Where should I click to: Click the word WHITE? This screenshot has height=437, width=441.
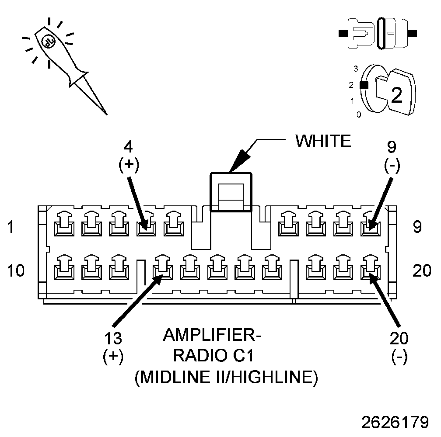(x=323, y=141)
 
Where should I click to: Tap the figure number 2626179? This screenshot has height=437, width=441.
(x=395, y=422)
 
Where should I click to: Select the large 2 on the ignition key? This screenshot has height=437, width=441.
(x=396, y=95)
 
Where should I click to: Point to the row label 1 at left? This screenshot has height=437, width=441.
(x=11, y=227)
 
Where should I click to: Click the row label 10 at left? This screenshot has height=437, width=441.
(x=16, y=271)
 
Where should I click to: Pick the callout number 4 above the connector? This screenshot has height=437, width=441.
(x=129, y=146)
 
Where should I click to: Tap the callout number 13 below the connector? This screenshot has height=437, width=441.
(x=113, y=339)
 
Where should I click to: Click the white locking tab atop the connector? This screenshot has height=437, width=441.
(x=231, y=192)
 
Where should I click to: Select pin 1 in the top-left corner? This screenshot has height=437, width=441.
(x=63, y=224)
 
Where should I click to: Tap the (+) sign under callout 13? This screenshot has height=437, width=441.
(x=113, y=356)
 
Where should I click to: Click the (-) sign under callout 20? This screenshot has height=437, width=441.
(x=399, y=356)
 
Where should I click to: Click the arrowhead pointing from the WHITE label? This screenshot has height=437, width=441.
(x=238, y=160)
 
